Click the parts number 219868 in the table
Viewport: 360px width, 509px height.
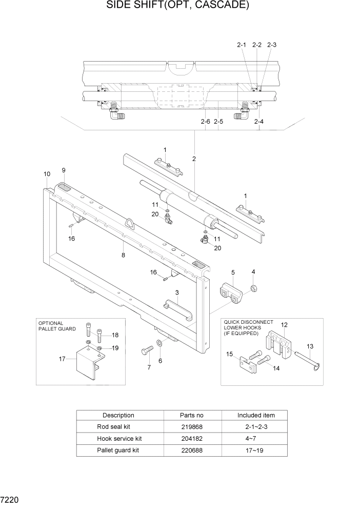click(192, 426)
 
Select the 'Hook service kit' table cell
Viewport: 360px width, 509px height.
click(119, 438)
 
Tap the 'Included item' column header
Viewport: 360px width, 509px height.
click(256, 415)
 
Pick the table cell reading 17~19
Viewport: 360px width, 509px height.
click(256, 450)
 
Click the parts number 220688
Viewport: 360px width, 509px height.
click(192, 450)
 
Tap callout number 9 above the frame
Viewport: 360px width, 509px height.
click(64, 170)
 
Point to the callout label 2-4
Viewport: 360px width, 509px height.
click(260, 122)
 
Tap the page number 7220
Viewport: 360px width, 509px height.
click(10, 498)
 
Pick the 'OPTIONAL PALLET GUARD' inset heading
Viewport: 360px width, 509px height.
click(57, 326)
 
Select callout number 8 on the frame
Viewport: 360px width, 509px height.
click(123, 254)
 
